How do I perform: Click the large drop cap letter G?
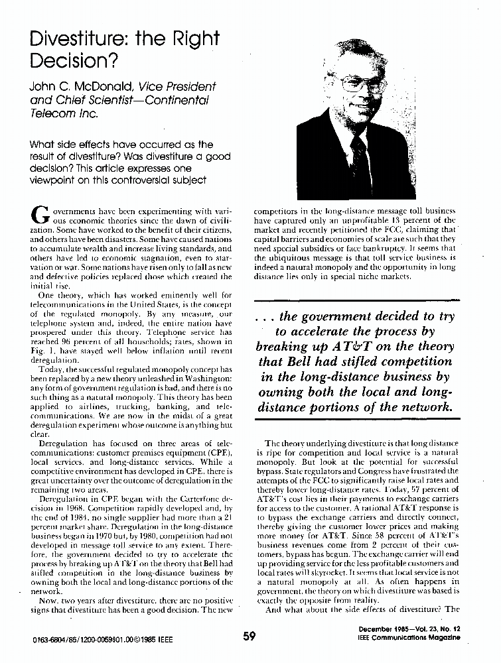(40, 213)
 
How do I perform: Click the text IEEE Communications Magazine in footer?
(407, 637)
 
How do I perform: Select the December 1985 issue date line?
(407, 628)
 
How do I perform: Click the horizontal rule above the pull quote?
(356, 300)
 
